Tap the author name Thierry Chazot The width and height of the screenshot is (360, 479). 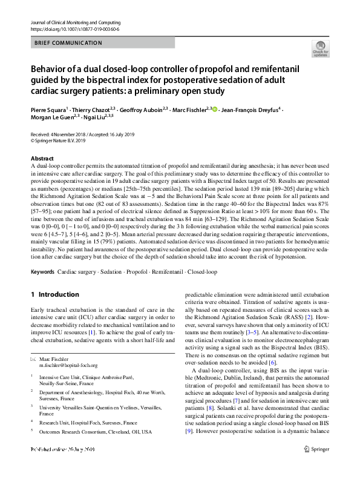point(91,110)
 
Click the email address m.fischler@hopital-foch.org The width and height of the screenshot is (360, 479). point(72,365)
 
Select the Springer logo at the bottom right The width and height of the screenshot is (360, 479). point(315,465)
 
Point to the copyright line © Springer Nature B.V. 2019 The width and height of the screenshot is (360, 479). point(63,140)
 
